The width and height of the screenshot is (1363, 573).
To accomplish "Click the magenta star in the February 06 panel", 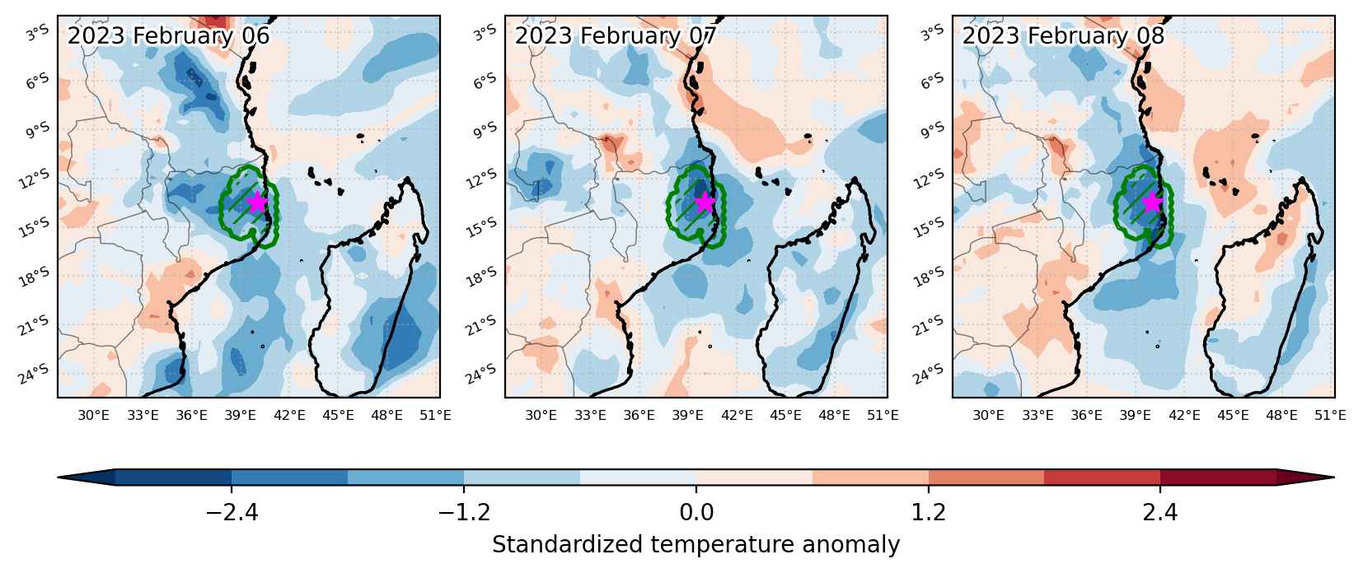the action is [x=257, y=202].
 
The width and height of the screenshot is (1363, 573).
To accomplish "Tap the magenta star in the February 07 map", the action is [x=705, y=202].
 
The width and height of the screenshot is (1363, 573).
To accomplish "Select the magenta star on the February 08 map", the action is [x=1152, y=202].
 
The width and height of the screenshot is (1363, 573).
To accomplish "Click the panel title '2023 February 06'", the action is [x=169, y=36].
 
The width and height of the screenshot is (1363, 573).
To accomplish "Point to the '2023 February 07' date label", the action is [x=616, y=36].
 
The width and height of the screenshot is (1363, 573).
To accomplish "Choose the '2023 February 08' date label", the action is [x=1063, y=36].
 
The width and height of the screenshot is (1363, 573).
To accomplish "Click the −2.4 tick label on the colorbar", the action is [x=232, y=513].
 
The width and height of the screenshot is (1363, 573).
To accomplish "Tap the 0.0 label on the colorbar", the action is [x=696, y=513].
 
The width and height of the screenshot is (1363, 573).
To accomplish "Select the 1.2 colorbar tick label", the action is [x=929, y=513].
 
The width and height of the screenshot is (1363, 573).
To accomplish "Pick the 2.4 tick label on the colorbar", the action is [x=1160, y=513].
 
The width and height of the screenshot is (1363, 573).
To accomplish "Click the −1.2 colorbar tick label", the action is [x=464, y=513].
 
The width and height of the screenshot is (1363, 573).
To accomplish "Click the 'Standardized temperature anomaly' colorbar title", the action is [x=696, y=544].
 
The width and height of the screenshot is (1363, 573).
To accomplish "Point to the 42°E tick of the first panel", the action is [x=289, y=416].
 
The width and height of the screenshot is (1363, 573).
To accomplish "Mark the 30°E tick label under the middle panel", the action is [x=541, y=416].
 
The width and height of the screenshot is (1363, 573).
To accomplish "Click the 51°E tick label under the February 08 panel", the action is [x=1330, y=416].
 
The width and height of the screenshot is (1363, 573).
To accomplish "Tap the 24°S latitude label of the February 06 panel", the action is [x=35, y=375].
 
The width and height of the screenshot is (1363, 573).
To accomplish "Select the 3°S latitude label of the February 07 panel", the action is [x=485, y=32].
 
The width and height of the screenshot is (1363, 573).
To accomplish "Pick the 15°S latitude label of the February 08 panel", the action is [x=930, y=227].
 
